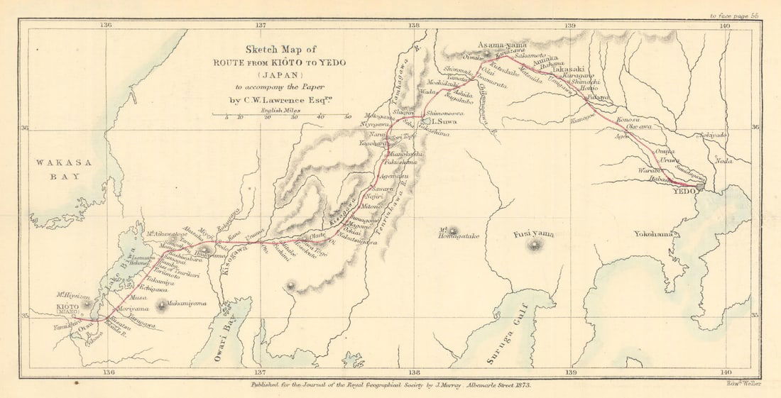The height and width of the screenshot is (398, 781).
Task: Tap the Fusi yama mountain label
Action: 534,233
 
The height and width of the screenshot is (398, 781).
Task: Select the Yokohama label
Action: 653,234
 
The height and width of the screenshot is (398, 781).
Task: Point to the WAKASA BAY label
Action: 64,170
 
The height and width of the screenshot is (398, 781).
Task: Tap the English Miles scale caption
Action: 278,110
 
